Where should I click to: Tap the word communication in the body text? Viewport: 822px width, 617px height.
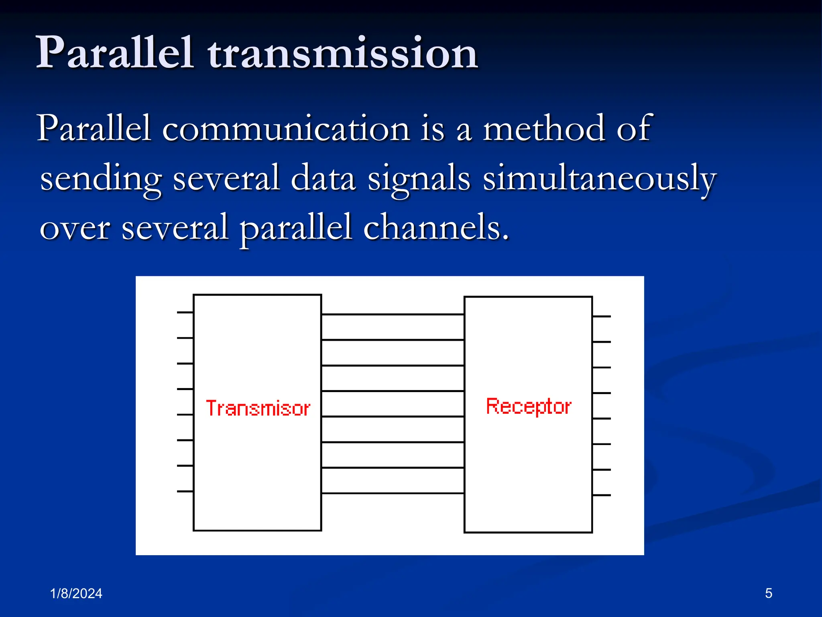tap(286, 129)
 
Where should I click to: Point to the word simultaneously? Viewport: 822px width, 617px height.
tap(599, 179)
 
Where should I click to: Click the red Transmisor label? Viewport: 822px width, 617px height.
tap(258, 408)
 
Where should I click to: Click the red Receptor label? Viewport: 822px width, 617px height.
tap(528, 406)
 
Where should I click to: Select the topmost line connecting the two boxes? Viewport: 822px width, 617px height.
tap(393, 314)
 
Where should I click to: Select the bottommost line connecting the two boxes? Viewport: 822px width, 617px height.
tap(393, 493)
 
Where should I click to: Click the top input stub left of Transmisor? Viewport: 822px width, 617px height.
tap(185, 312)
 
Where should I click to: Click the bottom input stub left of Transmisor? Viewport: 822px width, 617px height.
tap(185, 491)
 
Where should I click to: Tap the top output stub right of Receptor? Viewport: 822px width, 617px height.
tap(601, 317)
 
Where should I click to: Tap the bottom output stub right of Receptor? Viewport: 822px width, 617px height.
tap(601, 495)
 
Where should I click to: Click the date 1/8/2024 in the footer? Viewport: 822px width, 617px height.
tap(76, 593)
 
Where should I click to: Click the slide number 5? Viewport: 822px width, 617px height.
tap(768, 593)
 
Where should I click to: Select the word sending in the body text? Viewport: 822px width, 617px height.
tap(101, 179)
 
